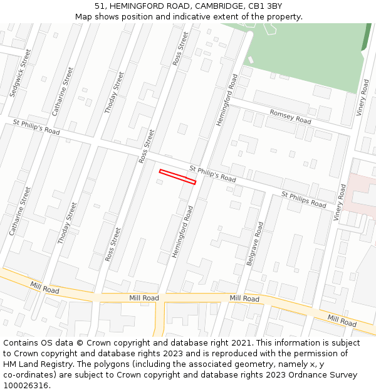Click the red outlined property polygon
(x=177, y=177)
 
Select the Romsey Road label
(x=290, y=116)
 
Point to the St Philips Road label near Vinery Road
(x=304, y=200)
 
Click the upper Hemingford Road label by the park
(x=226, y=100)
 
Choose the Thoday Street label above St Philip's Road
(x=114, y=92)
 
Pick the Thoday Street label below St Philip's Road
(x=67, y=223)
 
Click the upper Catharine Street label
(x=63, y=93)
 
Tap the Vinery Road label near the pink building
(x=340, y=201)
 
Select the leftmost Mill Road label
(x=44, y=288)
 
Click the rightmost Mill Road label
(x=342, y=321)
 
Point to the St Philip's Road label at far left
(x=36, y=128)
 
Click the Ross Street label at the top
(x=180, y=49)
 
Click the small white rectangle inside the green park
(x=251, y=60)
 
